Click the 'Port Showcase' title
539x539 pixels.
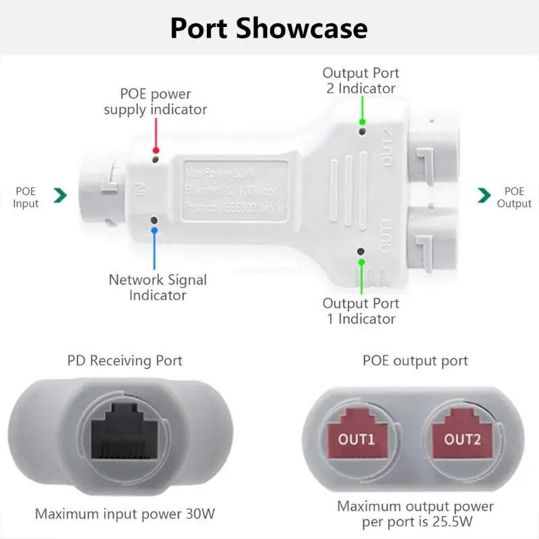tap(269, 28)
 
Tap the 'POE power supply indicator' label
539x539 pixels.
tap(156, 101)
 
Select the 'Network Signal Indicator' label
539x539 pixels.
tap(158, 287)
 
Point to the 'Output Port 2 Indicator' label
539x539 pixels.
tap(360, 80)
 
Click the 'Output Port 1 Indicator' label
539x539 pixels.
tap(360, 311)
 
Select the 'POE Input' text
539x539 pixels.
tap(26, 197)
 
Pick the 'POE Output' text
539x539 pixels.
tap(514, 197)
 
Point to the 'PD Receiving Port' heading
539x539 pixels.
tap(125, 360)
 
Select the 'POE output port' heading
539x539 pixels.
tap(415, 360)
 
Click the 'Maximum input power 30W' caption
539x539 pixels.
tap(125, 514)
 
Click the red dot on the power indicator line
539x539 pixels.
tap(156, 150)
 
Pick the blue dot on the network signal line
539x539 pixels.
tap(155, 230)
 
